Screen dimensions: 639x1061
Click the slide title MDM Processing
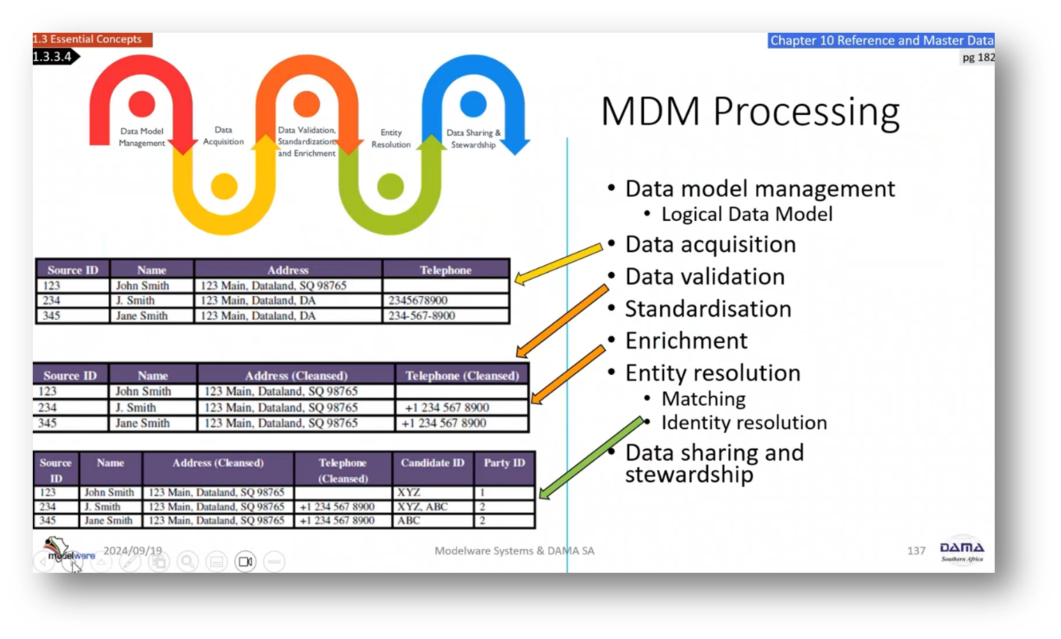click(x=750, y=111)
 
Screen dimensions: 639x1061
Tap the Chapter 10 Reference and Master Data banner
click(x=881, y=40)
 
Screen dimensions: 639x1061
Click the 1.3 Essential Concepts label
click(x=88, y=39)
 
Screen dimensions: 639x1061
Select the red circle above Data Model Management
click(x=142, y=104)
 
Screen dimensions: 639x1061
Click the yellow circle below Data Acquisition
click(x=224, y=186)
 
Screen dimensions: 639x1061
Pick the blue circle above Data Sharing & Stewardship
click(x=473, y=104)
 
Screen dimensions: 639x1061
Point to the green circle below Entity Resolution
click(x=390, y=186)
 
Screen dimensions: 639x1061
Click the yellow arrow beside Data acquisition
click(x=558, y=263)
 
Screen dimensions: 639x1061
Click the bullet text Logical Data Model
click(x=746, y=214)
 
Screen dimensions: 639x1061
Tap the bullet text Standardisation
click(x=708, y=309)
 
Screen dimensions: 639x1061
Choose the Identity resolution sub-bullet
click(x=744, y=422)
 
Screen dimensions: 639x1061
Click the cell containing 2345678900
click(x=418, y=300)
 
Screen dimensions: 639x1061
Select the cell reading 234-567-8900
click(x=421, y=316)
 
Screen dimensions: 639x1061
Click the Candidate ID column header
click(x=432, y=463)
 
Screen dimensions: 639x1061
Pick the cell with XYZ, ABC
click(x=423, y=507)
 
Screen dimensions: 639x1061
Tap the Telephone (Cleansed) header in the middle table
click(x=462, y=376)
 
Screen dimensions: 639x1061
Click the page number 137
click(x=916, y=551)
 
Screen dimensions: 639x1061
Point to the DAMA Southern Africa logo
click(x=961, y=551)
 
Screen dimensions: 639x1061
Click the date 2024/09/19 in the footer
click(x=133, y=551)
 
